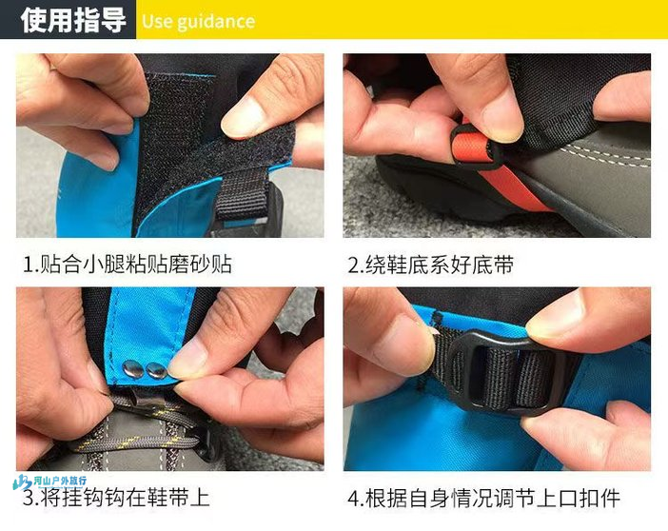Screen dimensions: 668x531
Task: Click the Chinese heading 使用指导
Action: coord(73,20)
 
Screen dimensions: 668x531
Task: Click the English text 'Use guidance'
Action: coord(198,21)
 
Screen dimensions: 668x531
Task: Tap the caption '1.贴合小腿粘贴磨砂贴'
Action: coord(127,265)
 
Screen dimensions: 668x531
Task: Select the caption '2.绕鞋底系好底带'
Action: coord(431,265)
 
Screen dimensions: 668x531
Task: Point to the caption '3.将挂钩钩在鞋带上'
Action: coord(116,498)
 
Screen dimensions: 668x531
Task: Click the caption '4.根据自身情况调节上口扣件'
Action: coord(484,498)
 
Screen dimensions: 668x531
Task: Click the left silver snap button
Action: coord(132,368)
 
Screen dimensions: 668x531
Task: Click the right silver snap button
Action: coord(156,371)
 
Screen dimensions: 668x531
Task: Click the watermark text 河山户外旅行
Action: coord(60,481)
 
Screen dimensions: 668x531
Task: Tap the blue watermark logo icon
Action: coord(22,482)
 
